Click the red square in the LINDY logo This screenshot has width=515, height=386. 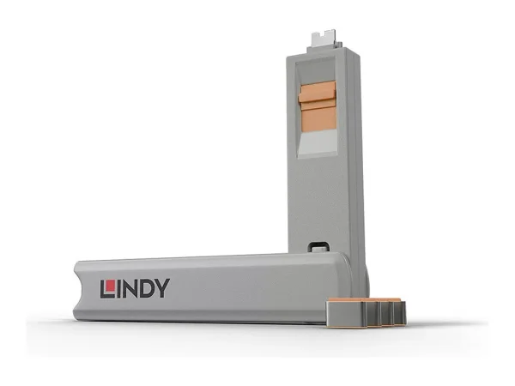tap(111, 286)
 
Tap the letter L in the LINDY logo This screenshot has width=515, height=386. tap(108, 289)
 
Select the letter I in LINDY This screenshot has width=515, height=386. tap(119, 289)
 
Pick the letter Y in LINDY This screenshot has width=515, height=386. tap(162, 289)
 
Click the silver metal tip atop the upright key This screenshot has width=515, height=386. tap(324, 37)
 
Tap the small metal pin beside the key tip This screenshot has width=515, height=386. tap(339, 45)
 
